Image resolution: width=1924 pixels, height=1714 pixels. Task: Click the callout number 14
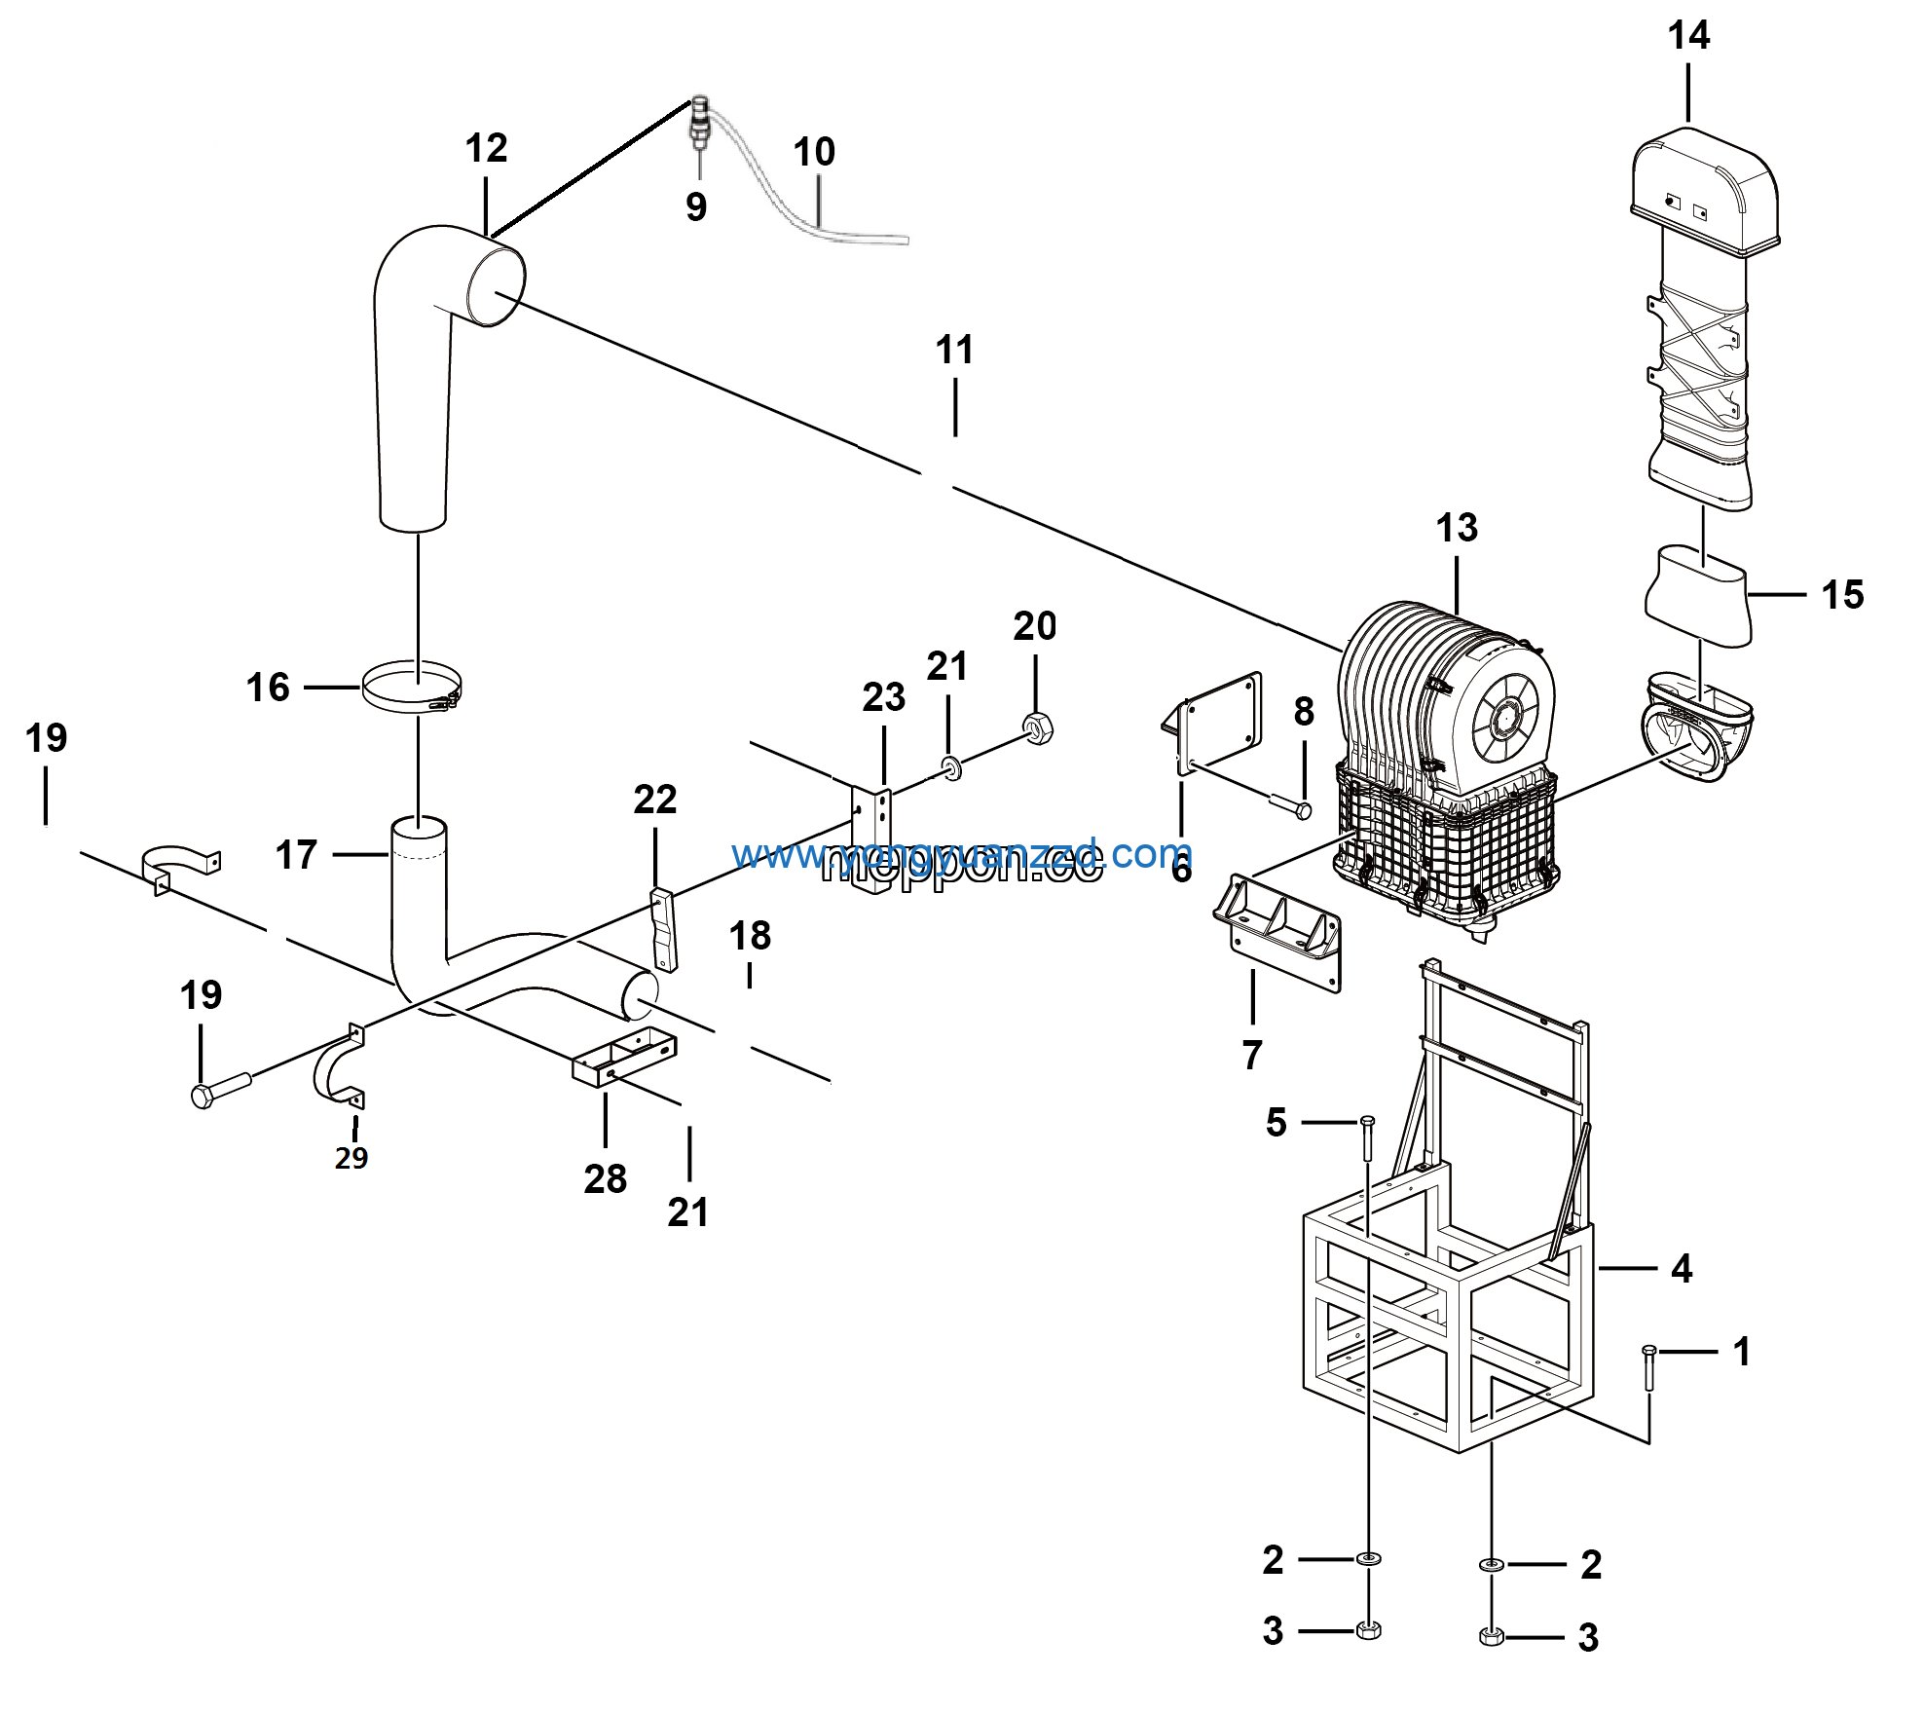coord(1688,36)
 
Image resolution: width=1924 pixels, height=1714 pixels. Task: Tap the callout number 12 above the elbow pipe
coord(486,149)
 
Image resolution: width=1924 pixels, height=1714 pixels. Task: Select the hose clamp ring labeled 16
coord(412,688)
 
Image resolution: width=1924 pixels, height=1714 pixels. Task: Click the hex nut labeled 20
coord(1038,727)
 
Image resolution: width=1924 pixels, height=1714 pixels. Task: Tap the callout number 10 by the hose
coord(814,152)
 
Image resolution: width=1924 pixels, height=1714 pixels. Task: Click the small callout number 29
coord(351,1158)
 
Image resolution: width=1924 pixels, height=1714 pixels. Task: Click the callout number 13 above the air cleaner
coord(1457,528)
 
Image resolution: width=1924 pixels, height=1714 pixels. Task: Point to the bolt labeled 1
coord(1648,1367)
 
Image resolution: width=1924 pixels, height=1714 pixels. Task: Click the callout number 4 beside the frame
coord(1682,1269)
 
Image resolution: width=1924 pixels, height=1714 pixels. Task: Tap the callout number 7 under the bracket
coord(1252,1055)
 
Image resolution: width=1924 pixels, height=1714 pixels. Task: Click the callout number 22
coord(654,800)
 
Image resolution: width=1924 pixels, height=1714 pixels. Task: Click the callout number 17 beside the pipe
coord(296,855)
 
